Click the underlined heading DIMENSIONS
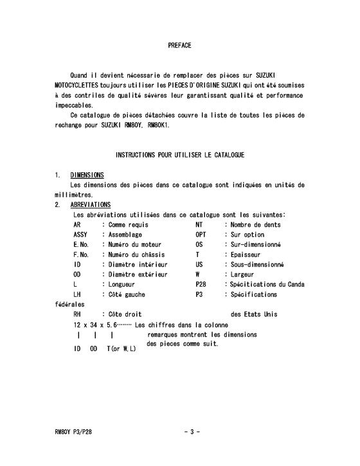tap(87, 175)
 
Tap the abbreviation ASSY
tap(80, 235)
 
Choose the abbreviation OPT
tap(201, 235)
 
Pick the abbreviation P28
tap(201, 284)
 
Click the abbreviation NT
tap(199, 225)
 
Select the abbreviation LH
tap(77, 294)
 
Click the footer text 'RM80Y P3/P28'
tap(76, 431)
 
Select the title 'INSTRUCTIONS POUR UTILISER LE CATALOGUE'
tap(179, 156)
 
